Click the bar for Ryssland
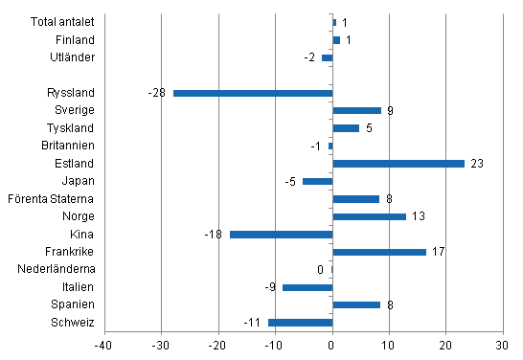coord(252,93)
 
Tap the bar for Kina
coord(281,235)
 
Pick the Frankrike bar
coord(379,252)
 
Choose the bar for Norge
coord(369,216)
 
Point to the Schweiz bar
coord(300,323)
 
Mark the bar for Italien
coord(307,287)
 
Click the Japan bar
coord(317,181)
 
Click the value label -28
coord(157,93)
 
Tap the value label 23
coord(476,164)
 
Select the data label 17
coord(440,252)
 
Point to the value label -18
coord(215,235)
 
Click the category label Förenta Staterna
coord(60,199)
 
